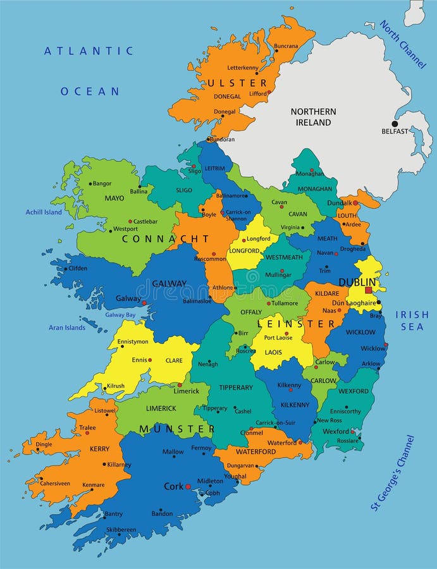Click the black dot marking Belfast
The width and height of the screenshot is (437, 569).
pyautogui.click(x=395, y=124)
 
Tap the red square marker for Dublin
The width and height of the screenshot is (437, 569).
pyautogui.click(x=369, y=290)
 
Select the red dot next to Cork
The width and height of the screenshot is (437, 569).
pyautogui.click(x=188, y=487)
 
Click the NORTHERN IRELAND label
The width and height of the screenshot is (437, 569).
pyautogui.click(x=313, y=117)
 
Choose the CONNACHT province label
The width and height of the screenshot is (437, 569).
pyautogui.click(x=165, y=239)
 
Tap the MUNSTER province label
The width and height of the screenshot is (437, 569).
pyautogui.click(x=177, y=429)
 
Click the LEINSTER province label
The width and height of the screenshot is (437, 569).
pyautogui.click(x=296, y=324)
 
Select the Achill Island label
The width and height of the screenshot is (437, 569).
pyautogui.click(x=44, y=212)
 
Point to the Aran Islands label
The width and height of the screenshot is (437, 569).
pyautogui.click(x=67, y=327)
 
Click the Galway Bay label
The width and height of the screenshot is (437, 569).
pyautogui.click(x=120, y=314)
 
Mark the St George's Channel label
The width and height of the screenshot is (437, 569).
pyautogui.click(x=392, y=472)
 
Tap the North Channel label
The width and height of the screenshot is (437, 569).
pyautogui.click(x=403, y=44)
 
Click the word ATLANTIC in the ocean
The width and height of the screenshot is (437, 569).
pyautogui.click(x=89, y=51)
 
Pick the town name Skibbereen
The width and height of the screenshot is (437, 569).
pyautogui.click(x=121, y=530)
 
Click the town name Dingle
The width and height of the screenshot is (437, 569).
pyautogui.click(x=44, y=444)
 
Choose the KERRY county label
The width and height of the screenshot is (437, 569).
pyautogui.click(x=99, y=449)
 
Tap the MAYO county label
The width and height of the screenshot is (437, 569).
pyautogui.click(x=114, y=198)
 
